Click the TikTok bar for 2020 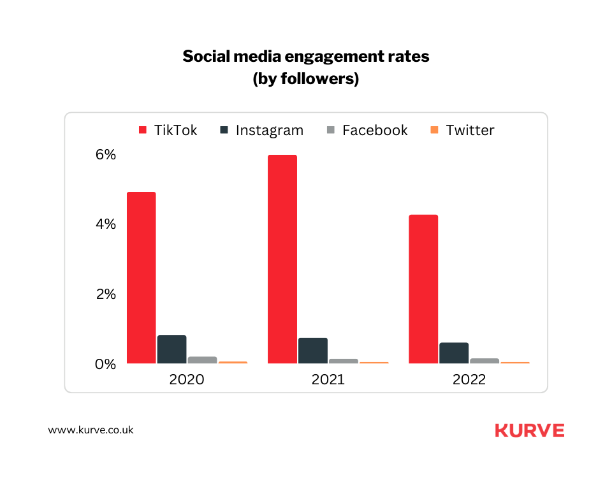(x=141, y=278)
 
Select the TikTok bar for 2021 (x=282, y=259)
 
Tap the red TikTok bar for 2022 (x=423, y=289)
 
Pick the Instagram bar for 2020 (x=171, y=350)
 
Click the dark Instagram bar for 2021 (x=312, y=351)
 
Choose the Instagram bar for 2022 (x=453, y=353)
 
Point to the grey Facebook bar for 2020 (x=202, y=360)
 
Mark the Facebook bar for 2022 (x=484, y=361)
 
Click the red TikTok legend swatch (x=143, y=131)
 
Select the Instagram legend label (x=269, y=131)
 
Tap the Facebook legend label (x=374, y=131)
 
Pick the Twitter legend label (x=470, y=131)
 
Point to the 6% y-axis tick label (x=105, y=155)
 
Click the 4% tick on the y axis (x=105, y=224)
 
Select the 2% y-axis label (x=105, y=294)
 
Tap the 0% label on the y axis (x=105, y=365)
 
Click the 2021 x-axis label (x=328, y=380)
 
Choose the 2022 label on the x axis (x=469, y=380)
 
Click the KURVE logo (x=529, y=430)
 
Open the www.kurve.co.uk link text (x=91, y=430)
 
